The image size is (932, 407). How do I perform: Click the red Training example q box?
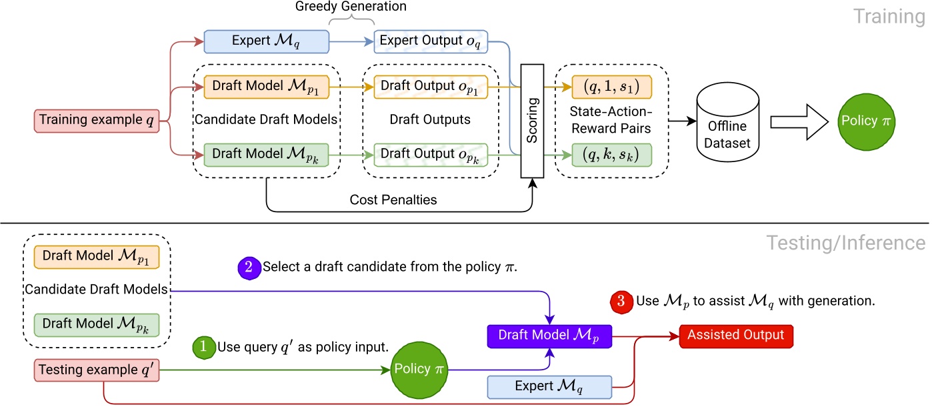pos(97,121)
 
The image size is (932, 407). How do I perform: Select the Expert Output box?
pos(431,41)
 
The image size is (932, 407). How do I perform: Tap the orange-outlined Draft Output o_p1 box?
pos(431,86)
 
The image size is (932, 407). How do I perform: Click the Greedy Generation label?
pos(351,7)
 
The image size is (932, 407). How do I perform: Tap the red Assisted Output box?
pos(737,334)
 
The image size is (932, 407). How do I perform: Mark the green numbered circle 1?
pos(202,347)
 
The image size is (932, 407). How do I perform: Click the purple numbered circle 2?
pos(249,267)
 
